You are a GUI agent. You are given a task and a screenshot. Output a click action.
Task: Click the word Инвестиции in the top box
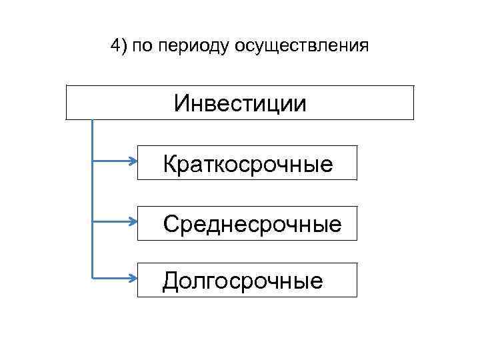click(x=240, y=103)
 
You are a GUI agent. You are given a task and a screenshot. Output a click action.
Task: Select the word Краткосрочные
click(x=248, y=164)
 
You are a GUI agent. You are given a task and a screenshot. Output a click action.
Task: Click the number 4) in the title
click(x=118, y=46)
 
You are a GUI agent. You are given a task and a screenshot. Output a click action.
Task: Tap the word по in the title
click(x=141, y=47)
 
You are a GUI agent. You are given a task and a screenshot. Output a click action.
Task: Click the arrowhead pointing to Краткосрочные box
click(x=133, y=161)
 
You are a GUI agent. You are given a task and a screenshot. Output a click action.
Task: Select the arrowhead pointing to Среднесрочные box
click(x=133, y=219)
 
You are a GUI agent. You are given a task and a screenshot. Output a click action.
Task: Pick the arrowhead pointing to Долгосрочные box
click(x=133, y=277)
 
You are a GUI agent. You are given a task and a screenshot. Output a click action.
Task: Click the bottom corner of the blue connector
click(x=92, y=277)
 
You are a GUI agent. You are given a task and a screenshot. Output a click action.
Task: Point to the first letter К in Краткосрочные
click(x=170, y=163)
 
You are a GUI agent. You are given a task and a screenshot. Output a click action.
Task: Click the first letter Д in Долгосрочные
click(x=171, y=281)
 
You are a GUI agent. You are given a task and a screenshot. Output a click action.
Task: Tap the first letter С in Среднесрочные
click(x=171, y=223)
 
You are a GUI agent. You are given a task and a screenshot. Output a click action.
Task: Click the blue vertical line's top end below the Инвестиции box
click(x=92, y=121)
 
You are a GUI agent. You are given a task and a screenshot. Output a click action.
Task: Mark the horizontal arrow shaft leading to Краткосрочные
click(x=110, y=161)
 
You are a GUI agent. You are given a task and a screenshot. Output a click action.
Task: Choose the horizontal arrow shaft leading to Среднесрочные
click(x=110, y=219)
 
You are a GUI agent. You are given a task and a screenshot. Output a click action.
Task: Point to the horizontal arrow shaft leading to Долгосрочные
click(x=110, y=277)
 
